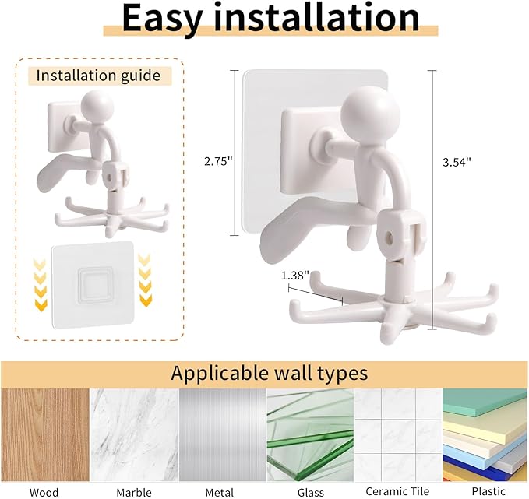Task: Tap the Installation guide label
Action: coord(98,76)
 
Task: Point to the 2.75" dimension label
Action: coord(219,161)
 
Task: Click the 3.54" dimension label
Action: coord(457,162)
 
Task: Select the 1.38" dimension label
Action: coord(295,276)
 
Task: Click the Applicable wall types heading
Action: coord(270,373)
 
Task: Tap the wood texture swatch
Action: coord(45,435)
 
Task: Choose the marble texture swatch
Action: coord(134,435)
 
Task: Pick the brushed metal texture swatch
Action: coord(222,435)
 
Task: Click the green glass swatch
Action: coord(310,435)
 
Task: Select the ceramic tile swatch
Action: coord(398,435)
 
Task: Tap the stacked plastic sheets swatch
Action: coord(485,435)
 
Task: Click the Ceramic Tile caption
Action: coord(397,491)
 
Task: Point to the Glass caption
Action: coord(310,493)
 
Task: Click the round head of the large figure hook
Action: coord(365,112)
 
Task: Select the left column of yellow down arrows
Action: coord(41,286)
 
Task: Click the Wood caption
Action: coord(44,493)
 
